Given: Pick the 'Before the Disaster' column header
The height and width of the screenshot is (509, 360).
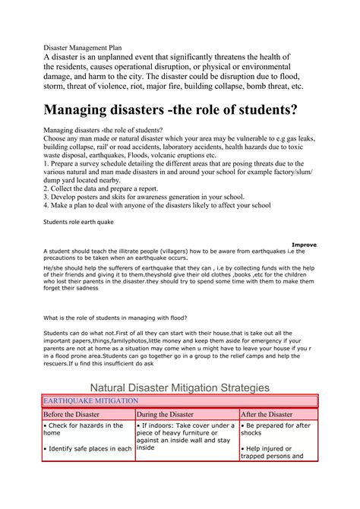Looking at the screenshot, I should point(75,415).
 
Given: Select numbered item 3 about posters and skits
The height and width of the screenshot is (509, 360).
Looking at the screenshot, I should point(144,196).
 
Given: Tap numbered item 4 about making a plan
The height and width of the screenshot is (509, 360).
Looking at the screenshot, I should point(156,205).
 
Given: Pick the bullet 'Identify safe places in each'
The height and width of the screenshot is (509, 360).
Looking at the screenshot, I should point(88,449).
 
